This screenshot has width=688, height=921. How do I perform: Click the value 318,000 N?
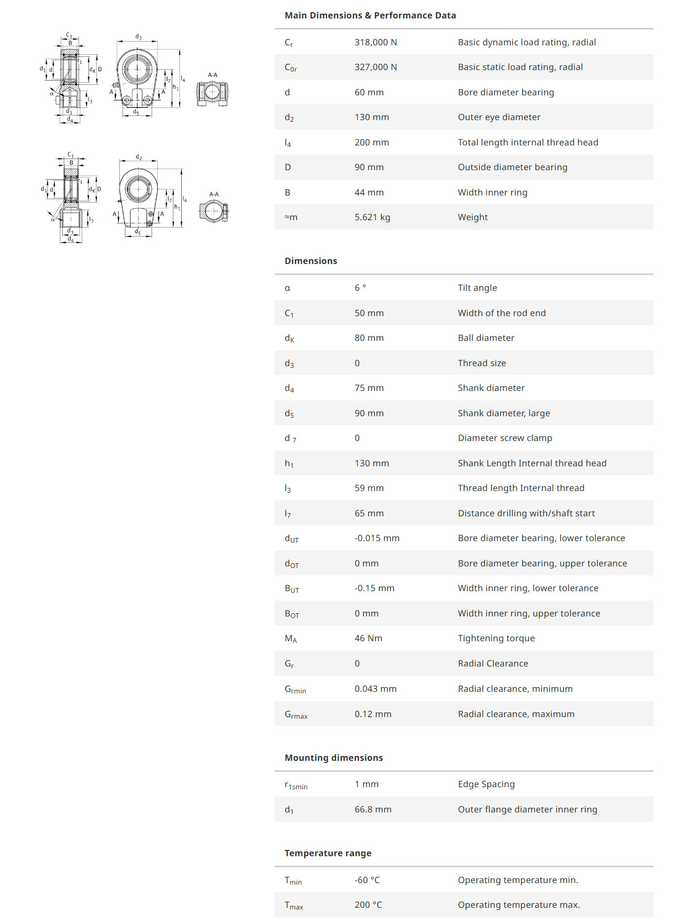coord(376,42)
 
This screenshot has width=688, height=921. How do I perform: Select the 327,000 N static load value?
coord(376,67)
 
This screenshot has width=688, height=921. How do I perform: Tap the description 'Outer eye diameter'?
coord(499,117)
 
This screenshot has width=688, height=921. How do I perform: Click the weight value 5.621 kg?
coord(372,217)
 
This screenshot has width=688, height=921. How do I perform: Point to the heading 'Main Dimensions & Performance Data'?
coord(370,15)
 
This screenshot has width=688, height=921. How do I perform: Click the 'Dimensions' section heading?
coord(311,261)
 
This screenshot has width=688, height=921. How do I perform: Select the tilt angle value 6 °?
coord(360,288)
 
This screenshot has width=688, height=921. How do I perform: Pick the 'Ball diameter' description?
coord(486,338)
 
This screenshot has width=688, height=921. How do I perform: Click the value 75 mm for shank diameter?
coord(369,388)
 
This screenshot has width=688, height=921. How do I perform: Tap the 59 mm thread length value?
coord(369,488)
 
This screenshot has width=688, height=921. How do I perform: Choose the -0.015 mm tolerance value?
coord(377,538)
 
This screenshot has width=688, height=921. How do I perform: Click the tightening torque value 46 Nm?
coord(368,638)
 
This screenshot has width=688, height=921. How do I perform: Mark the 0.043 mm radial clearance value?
coord(375,689)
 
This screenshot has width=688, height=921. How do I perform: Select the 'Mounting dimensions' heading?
coord(333,758)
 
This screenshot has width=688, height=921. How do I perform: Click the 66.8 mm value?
coord(372,809)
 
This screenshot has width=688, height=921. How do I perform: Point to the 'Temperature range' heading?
coord(328,853)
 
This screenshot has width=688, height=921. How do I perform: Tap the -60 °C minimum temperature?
coord(367,880)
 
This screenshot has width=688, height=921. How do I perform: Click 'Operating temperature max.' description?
coord(518,905)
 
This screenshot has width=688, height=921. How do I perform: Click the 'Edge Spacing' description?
coord(486,784)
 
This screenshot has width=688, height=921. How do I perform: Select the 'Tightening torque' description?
coord(496,638)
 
